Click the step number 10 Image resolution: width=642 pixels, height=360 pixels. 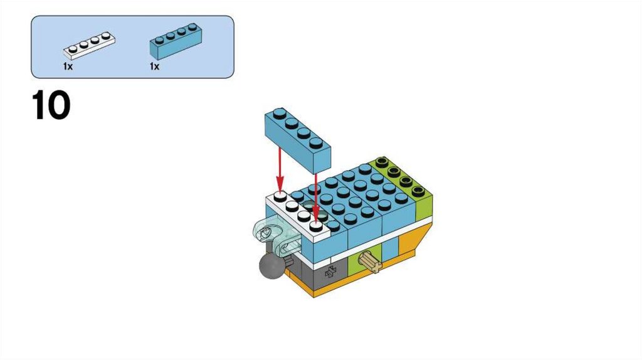[x=51, y=106]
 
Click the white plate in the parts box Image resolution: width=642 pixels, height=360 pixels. [x=89, y=45]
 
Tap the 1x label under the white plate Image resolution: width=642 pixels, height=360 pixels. [x=68, y=66]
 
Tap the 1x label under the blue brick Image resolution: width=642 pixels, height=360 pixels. [x=154, y=66]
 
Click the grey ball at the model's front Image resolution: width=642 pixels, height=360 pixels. [x=270, y=269]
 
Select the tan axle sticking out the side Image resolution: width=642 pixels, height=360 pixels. [x=371, y=262]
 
